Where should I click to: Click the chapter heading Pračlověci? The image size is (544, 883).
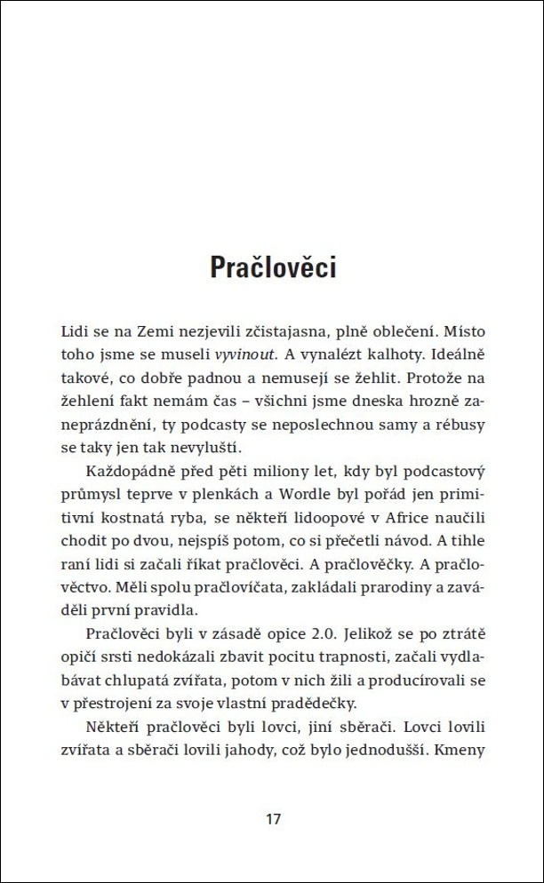[x=272, y=266]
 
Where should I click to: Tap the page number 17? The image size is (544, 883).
[x=273, y=818]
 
